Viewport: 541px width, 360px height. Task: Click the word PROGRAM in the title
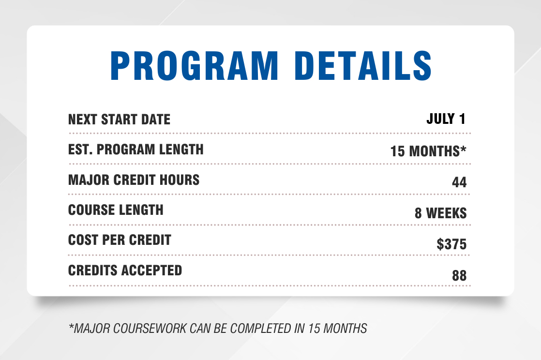194,66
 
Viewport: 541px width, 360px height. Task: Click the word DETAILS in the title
363,66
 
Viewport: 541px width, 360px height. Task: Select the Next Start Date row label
120,120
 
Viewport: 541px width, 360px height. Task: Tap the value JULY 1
446,119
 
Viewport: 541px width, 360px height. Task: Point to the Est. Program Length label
136,150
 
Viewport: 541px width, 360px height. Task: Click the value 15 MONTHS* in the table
428,151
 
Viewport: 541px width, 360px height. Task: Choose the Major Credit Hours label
134,180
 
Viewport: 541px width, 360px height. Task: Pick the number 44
459,182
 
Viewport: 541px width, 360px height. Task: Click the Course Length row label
116,210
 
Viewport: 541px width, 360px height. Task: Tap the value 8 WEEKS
441,213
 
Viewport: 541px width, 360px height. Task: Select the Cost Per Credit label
120,240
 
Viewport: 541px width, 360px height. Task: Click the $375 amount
451,244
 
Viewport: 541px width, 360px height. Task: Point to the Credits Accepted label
125,270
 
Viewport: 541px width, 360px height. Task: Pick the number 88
459,275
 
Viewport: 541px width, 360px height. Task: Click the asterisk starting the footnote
72,325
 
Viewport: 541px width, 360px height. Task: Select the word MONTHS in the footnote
345,328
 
